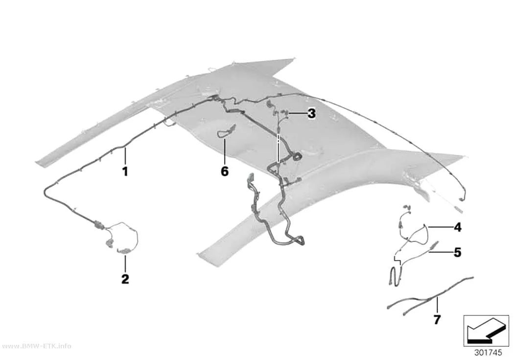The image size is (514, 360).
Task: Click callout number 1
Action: pos(125,171)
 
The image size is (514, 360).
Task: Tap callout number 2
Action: pos(125,279)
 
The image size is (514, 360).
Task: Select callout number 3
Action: pos(311,114)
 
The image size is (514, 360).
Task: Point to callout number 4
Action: pos(458,227)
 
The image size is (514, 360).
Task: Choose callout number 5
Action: pos(457,252)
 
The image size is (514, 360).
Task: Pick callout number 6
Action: pos(225,171)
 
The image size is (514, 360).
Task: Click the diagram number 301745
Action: pos(488,353)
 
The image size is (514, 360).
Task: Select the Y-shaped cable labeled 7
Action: pos(430,297)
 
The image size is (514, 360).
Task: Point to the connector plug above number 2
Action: pos(123,251)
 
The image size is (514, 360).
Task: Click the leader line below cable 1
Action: pos(125,156)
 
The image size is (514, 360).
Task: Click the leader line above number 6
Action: pos(225,151)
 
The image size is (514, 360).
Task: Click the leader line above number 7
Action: pos(437,305)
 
